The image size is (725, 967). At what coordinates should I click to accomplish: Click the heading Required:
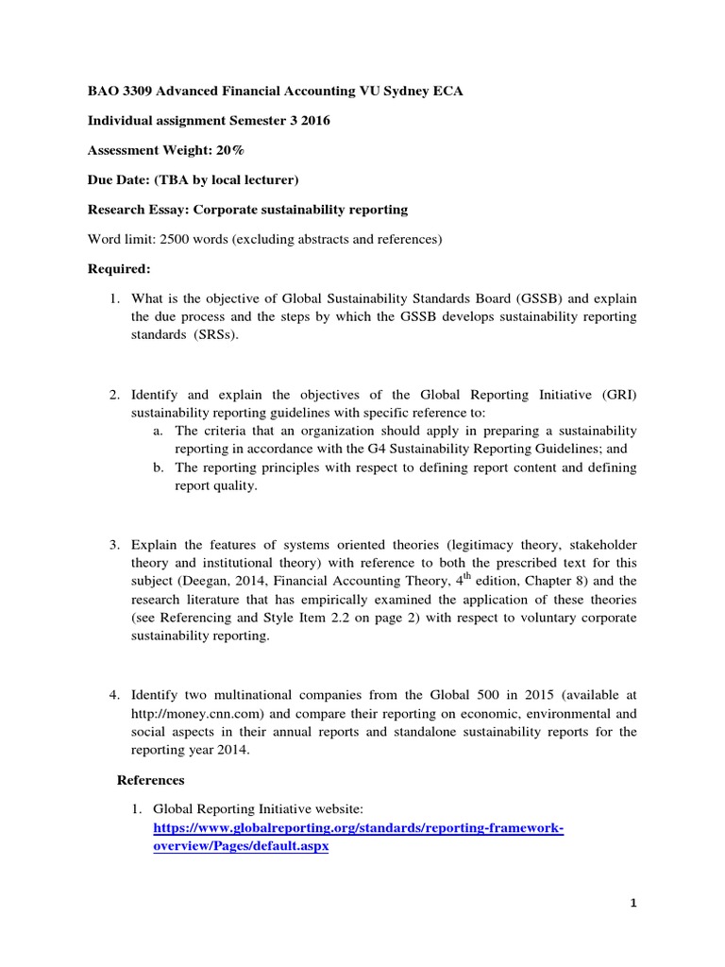[119, 268]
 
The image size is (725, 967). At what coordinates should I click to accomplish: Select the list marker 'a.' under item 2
[158, 430]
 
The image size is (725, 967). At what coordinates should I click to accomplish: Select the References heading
[150, 780]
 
